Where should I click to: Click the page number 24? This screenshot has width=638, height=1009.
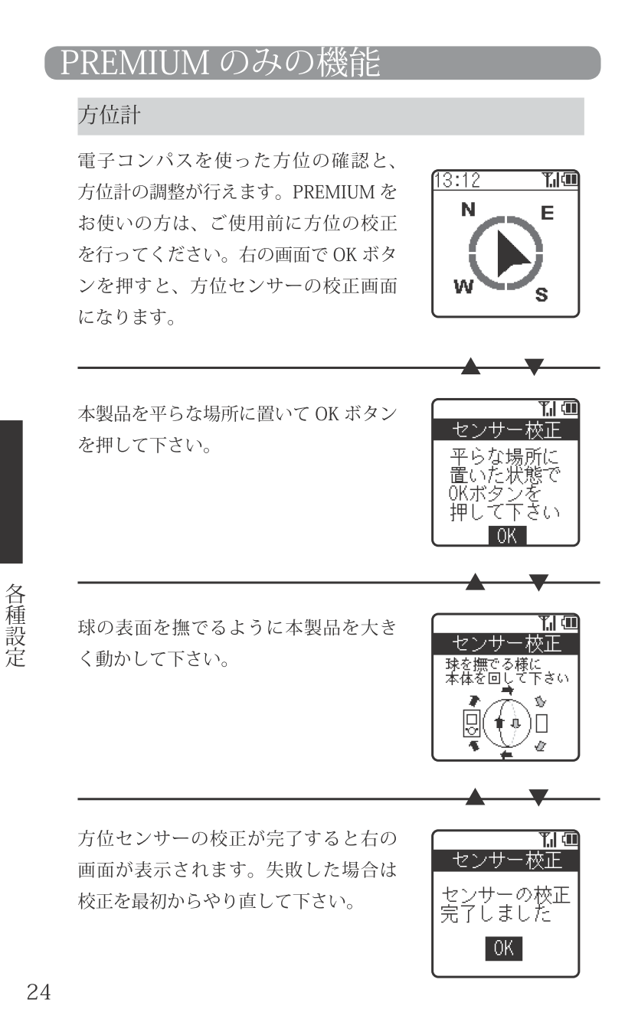click(x=39, y=991)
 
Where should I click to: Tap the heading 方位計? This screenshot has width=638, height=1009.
click(x=109, y=115)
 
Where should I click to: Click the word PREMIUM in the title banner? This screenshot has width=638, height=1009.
click(x=135, y=62)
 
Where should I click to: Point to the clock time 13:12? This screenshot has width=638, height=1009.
click(x=457, y=180)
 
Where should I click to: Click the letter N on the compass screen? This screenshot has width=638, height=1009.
click(x=468, y=210)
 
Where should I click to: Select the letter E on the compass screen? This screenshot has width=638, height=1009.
click(x=547, y=213)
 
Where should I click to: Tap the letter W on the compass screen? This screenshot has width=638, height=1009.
click(x=463, y=286)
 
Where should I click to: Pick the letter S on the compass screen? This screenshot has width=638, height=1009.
click(x=541, y=295)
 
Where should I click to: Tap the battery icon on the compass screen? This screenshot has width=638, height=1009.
click(x=570, y=180)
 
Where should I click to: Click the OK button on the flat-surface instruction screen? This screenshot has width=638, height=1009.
click(x=507, y=536)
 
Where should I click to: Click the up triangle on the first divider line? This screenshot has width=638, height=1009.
click(x=471, y=366)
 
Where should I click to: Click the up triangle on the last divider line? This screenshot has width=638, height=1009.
click(x=476, y=797)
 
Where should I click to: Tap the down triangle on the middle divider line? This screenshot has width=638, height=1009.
click(x=539, y=583)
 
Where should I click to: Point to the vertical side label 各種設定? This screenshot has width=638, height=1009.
click(x=15, y=625)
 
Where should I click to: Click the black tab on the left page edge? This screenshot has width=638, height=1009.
click(x=11, y=492)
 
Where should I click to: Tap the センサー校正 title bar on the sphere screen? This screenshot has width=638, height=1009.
click(x=506, y=644)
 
